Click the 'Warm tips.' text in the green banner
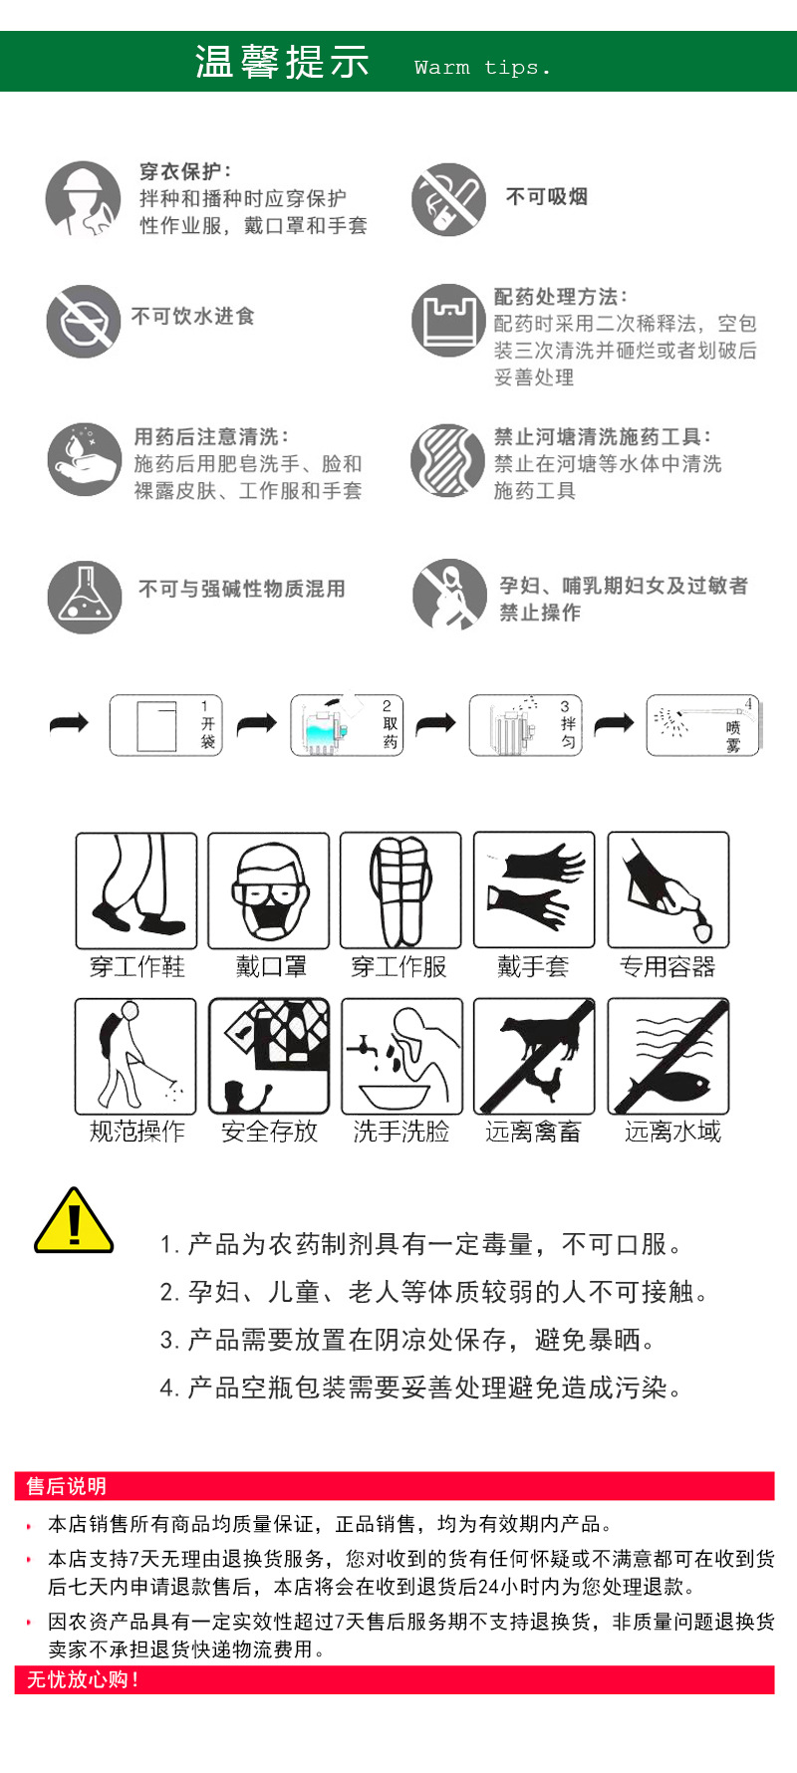pos(482,68)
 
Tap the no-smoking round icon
pos(448,199)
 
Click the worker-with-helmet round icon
pos(83,199)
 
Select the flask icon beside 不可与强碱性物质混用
pos(85,597)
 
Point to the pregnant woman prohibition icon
pos(449,596)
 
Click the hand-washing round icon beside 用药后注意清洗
pos(85,460)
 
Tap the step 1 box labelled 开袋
pos(165,725)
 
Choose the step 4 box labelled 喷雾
pos(703,725)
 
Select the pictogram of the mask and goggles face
pos(268,890)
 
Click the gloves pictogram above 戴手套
pos(534,890)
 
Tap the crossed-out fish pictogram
pos(668,1056)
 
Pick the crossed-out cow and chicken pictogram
pos(534,1056)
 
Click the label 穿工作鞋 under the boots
pos(136,966)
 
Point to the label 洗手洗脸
pos(401,1132)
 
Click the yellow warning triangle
pos(74,1222)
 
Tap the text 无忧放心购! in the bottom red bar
pos(83,1679)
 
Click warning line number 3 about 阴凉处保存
pos(408,1340)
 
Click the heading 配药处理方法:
pos(561,297)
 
